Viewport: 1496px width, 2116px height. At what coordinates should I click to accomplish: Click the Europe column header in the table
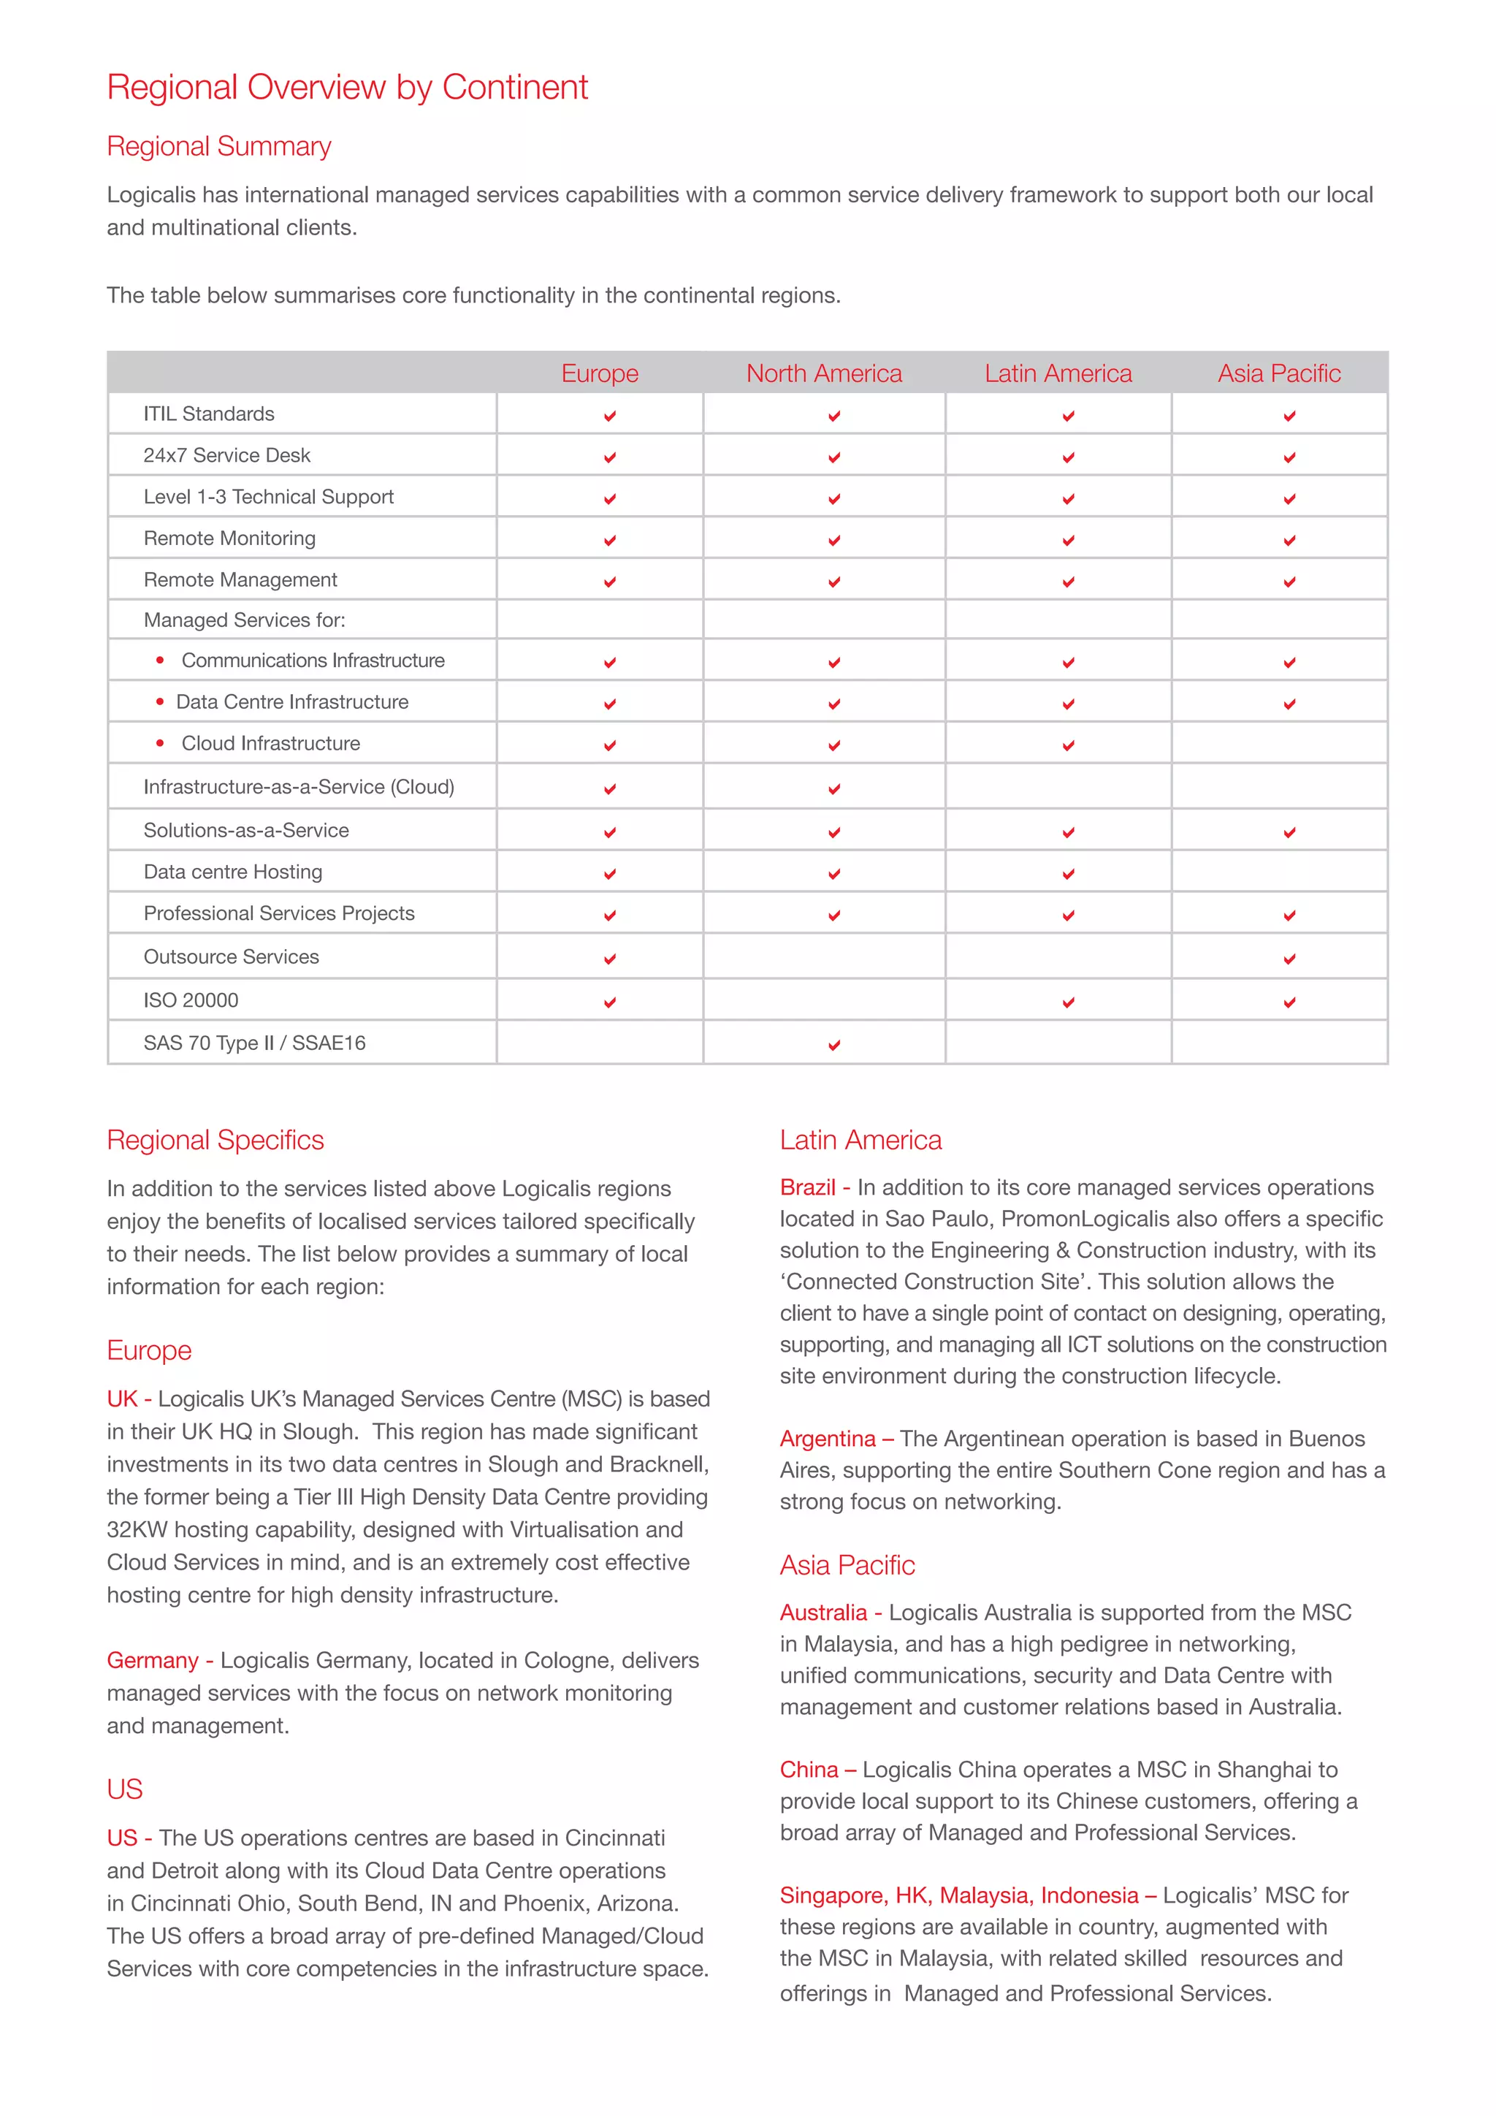[x=600, y=373]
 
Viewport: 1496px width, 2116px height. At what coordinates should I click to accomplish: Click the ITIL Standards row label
[x=209, y=414]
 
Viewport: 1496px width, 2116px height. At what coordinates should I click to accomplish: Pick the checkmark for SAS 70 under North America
[x=833, y=1045]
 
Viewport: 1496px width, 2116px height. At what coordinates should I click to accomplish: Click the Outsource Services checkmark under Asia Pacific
[x=1289, y=959]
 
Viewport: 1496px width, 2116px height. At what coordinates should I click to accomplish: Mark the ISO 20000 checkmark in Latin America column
[x=1068, y=1002]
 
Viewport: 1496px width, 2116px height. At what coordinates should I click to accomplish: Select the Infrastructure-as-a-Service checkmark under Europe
[x=610, y=790]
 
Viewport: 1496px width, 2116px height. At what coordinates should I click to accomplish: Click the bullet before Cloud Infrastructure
[x=160, y=743]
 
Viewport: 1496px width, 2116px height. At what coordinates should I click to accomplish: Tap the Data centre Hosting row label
[x=233, y=872]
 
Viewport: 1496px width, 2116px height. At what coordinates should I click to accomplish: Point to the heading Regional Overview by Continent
[x=347, y=88]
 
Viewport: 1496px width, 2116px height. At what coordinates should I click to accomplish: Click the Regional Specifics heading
[x=215, y=1140]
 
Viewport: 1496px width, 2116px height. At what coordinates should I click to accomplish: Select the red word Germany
[x=153, y=1660]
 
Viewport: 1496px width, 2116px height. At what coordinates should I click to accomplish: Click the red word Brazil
[x=807, y=1187]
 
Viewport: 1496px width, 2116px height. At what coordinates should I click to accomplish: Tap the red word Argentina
[x=827, y=1439]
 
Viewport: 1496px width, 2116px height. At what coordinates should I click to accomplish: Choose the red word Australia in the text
[x=823, y=1612]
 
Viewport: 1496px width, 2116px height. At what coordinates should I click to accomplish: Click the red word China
[x=809, y=1770]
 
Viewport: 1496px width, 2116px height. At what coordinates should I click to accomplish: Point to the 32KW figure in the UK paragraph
[x=137, y=1530]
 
